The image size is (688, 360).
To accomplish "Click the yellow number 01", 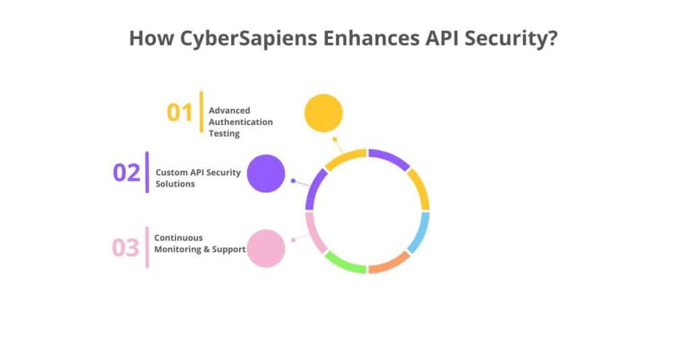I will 179,112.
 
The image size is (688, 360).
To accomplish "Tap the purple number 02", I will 126,173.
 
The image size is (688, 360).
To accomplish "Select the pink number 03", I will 125,248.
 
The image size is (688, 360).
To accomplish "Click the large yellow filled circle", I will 323,113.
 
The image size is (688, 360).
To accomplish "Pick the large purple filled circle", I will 266,174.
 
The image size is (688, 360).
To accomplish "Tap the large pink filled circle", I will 266,248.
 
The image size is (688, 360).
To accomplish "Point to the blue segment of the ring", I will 419,232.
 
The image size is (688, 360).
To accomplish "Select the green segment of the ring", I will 344,263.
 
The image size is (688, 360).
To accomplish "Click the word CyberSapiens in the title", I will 242,38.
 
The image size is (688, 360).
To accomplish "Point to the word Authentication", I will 241,122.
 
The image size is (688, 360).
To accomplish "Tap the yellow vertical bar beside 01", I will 201,112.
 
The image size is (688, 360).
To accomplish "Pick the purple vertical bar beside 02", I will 147,173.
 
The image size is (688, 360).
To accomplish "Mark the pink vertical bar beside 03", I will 147,248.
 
